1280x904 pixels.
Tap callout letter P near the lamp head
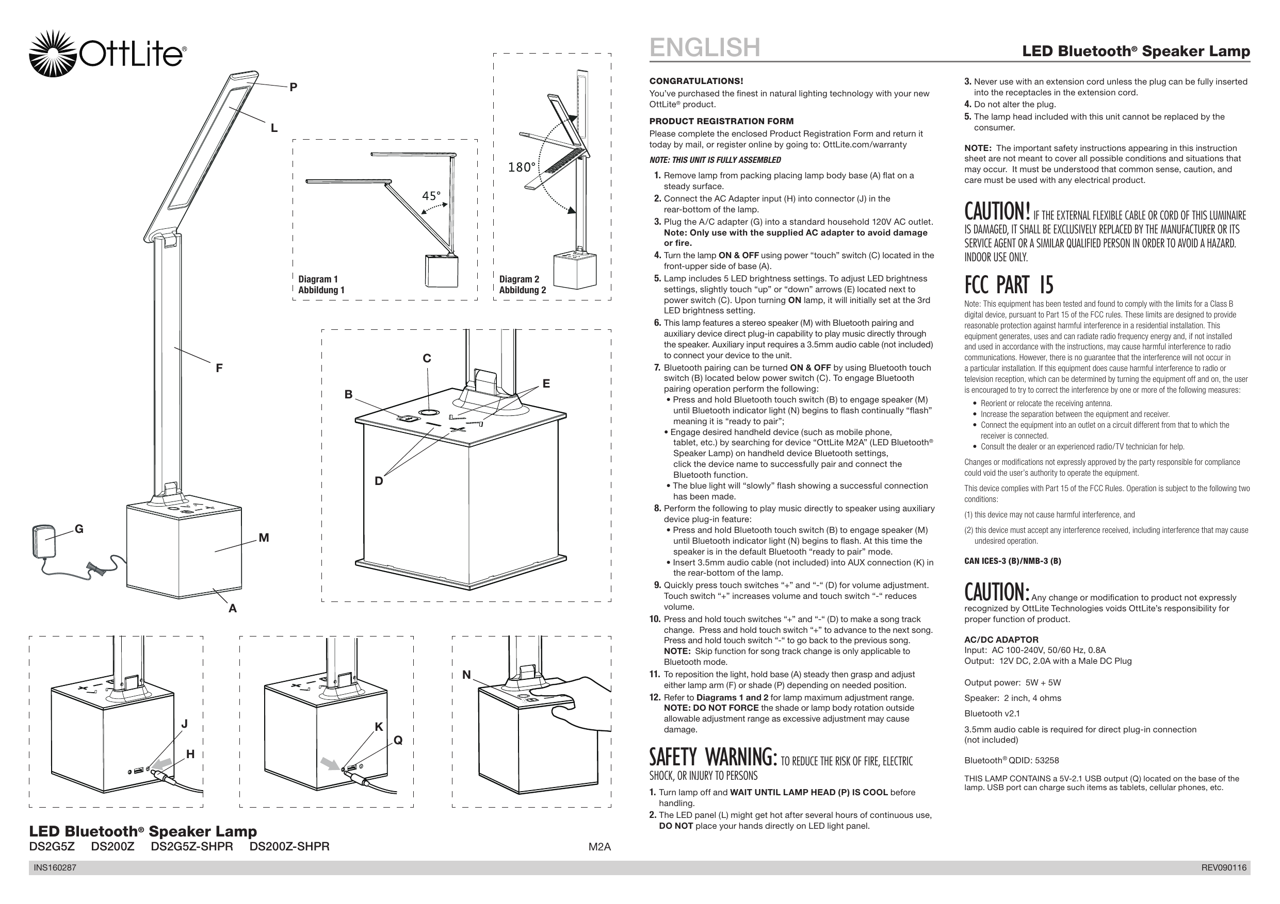[293, 87]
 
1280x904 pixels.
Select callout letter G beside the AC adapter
[79, 529]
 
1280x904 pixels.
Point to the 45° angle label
[431, 196]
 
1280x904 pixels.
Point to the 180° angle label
[521, 167]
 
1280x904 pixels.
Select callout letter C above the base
[427, 359]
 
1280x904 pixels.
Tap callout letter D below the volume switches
[379, 481]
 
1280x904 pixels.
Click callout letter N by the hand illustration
[466, 675]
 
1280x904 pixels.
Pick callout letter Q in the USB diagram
[398, 740]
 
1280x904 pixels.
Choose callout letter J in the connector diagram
[185, 724]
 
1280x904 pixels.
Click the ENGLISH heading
[705, 47]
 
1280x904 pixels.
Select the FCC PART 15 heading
[1009, 284]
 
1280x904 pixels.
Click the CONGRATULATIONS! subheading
[696, 81]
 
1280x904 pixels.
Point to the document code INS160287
[55, 868]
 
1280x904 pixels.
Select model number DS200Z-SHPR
[289, 847]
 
